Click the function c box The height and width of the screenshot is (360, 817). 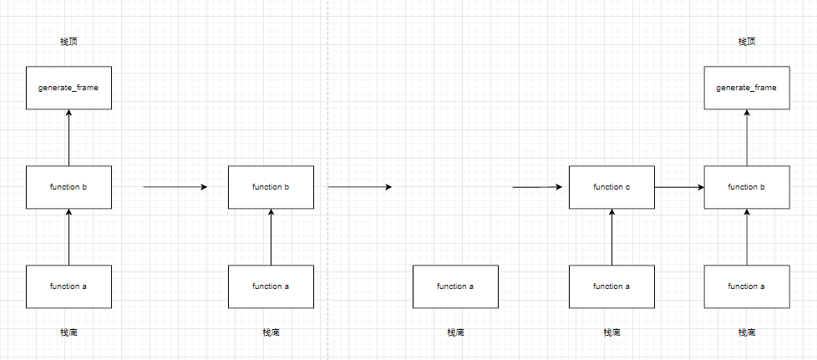click(x=611, y=187)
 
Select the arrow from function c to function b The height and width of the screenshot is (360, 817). click(x=678, y=187)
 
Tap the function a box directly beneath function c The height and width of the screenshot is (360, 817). click(x=611, y=286)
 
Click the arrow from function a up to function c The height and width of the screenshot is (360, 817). click(x=611, y=237)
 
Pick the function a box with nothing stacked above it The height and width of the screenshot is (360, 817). click(x=455, y=286)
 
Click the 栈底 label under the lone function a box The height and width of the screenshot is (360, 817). click(x=455, y=332)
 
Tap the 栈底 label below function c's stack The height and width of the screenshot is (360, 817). click(x=611, y=332)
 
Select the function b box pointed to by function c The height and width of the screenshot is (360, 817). click(x=746, y=187)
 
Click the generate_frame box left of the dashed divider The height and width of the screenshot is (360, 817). click(x=69, y=88)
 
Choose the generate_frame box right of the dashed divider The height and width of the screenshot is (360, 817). click(x=746, y=88)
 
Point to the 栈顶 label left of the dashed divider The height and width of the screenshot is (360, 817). click(x=69, y=42)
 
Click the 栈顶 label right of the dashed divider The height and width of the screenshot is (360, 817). click(x=746, y=42)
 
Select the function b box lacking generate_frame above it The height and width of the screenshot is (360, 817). click(x=271, y=187)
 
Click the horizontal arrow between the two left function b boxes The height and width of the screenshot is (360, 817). click(x=175, y=187)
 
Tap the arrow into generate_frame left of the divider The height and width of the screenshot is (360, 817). click(x=69, y=138)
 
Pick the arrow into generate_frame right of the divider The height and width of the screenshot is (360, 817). click(x=746, y=138)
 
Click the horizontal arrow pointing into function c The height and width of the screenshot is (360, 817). click(x=540, y=187)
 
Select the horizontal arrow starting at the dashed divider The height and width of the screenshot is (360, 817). click(x=359, y=187)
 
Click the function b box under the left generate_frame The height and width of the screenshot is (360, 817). click(x=69, y=187)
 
